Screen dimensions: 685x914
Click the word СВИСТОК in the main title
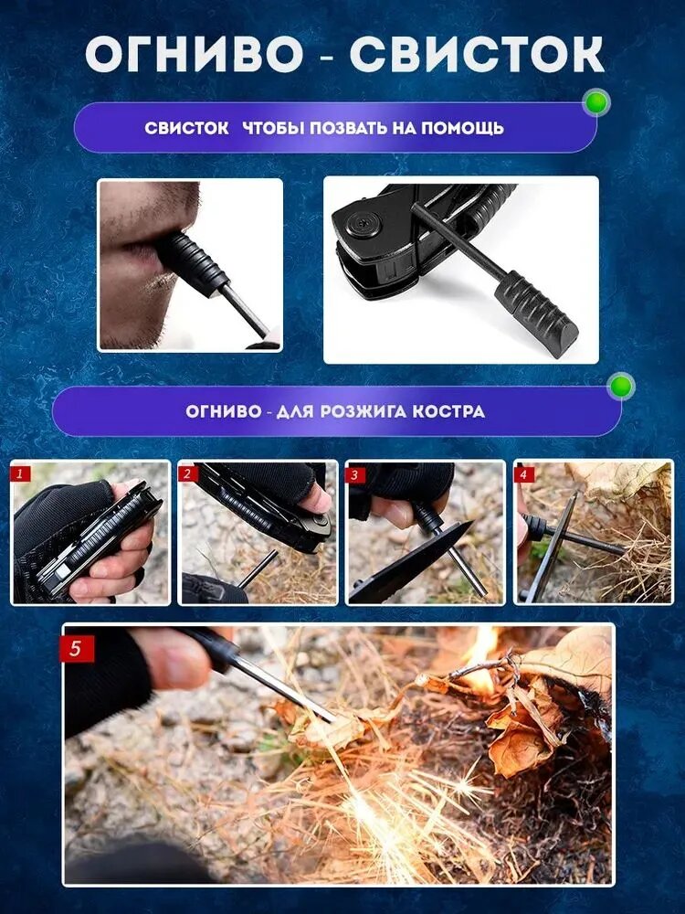coord(477,55)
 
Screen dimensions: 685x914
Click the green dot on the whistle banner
coord(596,102)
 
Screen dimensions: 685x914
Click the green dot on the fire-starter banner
coord(621,386)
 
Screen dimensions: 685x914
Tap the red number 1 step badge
coord(19,473)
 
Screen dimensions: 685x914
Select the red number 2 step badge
coord(187,473)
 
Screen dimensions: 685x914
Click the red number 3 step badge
coord(354,474)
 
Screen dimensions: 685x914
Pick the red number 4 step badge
coord(523,474)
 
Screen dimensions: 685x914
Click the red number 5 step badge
coord(77,648)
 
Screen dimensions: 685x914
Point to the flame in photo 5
coord(480,658)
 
